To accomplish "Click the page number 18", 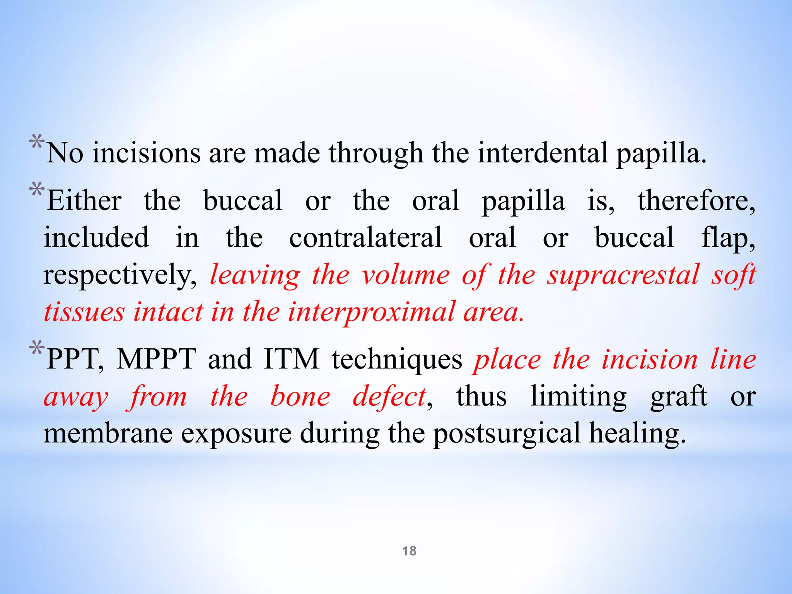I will pyautogui.click(x=409, y=551).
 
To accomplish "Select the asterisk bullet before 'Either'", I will pyautogui.click(x=37, y=190).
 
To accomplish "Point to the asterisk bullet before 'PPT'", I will pyautogui.click(x=37, y=348).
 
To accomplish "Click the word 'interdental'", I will pyautogui.click(x=543, y=153).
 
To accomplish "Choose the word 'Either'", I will pyautogui.click(x=84, y=201).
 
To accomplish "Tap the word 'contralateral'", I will pyautogui.click(x=365, y=237).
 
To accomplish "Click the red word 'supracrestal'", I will pyautogui.click(x=623, y=275).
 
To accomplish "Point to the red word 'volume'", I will pyautogui.click(x=406, y=275).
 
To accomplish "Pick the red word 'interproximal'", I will pyautogui.click(x=371, y=312).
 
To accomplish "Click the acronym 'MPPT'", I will pyautogui.click(x=156, y=359).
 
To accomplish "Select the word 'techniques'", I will pyautogui.click(x=397, y=359).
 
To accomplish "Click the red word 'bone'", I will pyautogui.click(x=300, y=396).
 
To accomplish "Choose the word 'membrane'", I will pyautogui.click(x=108, y=433).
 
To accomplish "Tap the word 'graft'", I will pyautogui.click(x=679, y=396).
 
